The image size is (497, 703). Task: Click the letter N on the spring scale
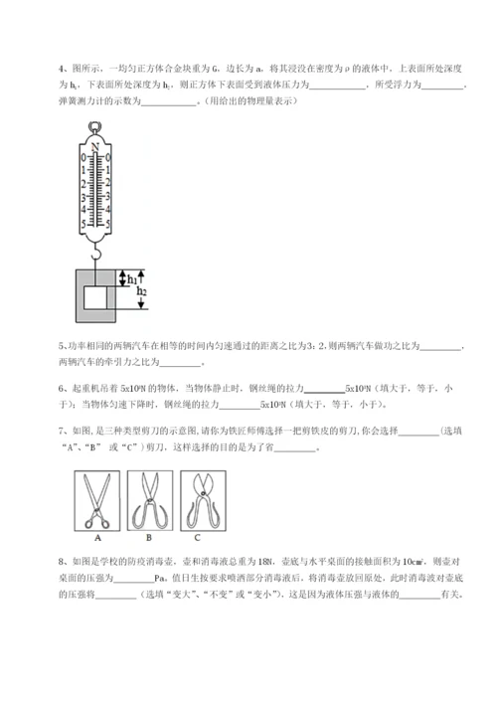pyautogui.click(x=95, y=144)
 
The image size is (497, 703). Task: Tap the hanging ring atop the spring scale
pyautogui.click(x=95, y=126)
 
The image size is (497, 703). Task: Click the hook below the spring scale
pyautogui.click(x=96, y=256)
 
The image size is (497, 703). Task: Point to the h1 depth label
pyautogui.click(x=132, y=279)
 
